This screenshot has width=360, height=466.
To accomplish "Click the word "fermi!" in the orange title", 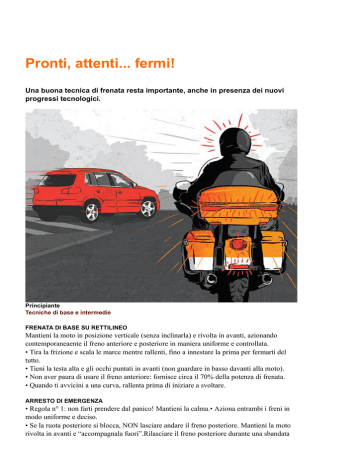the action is pos(155,63).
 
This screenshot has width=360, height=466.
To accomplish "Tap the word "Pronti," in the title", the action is pos(48,63).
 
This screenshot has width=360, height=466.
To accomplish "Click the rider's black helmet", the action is pos(235,141).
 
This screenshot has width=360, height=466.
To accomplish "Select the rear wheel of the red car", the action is pos(91,211).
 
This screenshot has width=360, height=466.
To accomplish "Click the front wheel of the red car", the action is pos(148,209).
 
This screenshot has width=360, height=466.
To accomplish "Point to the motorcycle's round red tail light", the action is pos(236,244).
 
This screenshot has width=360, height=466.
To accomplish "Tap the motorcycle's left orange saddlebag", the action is pos(199,250).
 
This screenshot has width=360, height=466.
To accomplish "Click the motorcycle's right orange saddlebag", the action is pos(273,250).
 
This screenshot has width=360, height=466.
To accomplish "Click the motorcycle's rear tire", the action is pos(237,289).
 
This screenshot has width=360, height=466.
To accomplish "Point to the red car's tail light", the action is pos(36,191).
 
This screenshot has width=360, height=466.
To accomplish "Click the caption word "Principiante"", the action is pos(43,306).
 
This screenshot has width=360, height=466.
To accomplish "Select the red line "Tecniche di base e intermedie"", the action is pos(68,313).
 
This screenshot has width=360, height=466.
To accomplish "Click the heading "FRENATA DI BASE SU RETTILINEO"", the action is pos(76,328).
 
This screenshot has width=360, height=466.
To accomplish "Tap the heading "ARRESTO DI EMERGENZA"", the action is pos(64,401).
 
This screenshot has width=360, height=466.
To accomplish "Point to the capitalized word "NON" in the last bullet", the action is pos(129,425).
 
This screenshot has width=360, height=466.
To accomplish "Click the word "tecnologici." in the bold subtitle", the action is pos(80,99).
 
